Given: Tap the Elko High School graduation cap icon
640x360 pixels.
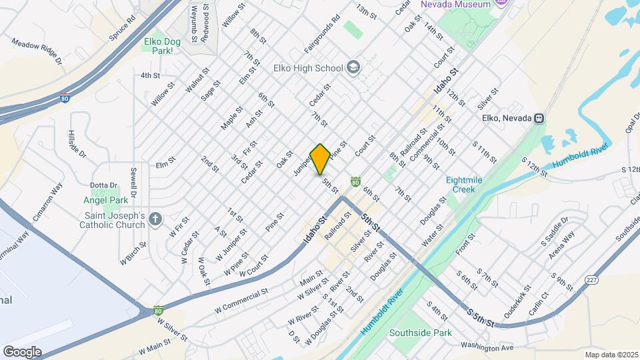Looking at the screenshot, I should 353,67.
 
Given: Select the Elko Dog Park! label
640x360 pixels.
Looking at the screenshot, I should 162,46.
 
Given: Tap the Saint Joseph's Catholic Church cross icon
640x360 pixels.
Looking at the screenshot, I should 155,219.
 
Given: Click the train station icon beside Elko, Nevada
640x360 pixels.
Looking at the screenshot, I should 538,118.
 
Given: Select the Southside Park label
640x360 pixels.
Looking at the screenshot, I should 421,333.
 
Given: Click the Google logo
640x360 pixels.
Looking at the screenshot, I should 22,351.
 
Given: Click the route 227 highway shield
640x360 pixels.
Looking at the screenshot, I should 591,281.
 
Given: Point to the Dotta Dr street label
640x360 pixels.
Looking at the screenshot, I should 104,185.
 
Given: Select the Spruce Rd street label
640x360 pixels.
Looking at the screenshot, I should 122,26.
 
